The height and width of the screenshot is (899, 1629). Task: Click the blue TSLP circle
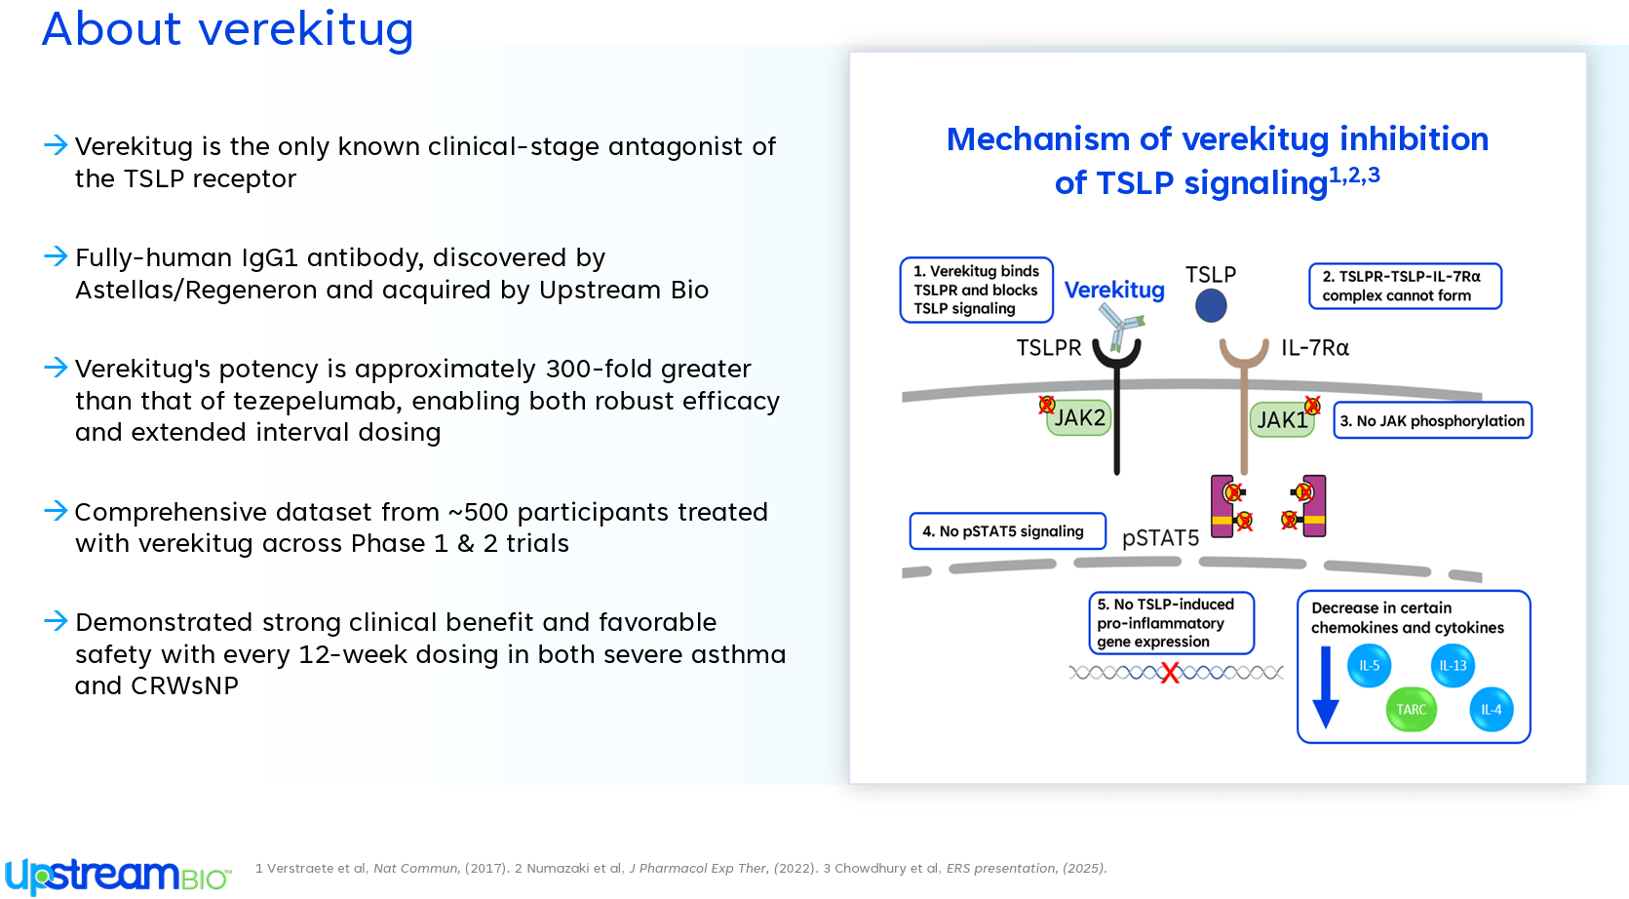click(1211, 305)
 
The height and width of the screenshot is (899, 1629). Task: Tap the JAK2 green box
click(1078, 417)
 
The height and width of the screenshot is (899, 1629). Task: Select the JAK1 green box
click(1282, 419)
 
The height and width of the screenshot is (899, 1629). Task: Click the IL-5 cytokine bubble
click(1369, 666)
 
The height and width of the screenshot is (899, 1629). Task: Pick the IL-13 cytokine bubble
click(1453, 666)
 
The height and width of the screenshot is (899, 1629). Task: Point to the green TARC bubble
click(1411, 709)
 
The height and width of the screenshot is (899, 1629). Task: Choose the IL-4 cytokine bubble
click(1491, 709)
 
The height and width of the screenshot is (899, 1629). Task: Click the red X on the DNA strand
click(1170, 673)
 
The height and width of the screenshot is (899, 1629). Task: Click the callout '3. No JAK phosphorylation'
click(1433, 420)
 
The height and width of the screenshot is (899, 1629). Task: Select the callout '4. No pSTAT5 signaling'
click(1007, 531)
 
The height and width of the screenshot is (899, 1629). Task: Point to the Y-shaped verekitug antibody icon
click(1121, 326)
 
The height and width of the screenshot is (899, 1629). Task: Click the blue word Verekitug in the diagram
click(1114, 291)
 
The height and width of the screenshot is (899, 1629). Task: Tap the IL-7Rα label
click(1315, 348)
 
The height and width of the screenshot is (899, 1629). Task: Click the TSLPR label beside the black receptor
click(1049, 348)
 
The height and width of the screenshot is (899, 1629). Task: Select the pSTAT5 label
click(1160, 538)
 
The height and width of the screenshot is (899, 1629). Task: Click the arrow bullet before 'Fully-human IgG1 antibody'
click(56, 256)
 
